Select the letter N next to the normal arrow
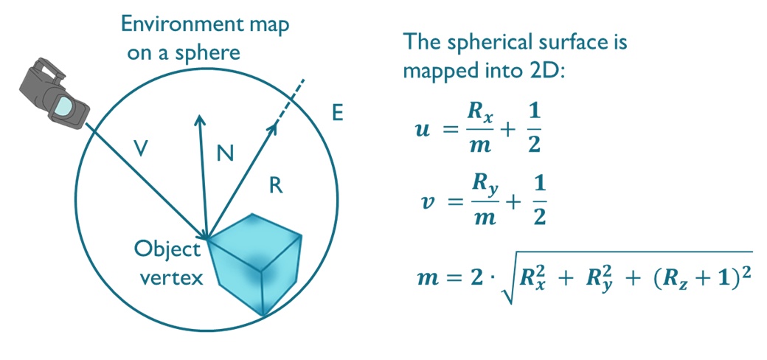point(226,153)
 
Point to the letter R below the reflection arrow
point(276,185)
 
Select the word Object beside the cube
point(167,249)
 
